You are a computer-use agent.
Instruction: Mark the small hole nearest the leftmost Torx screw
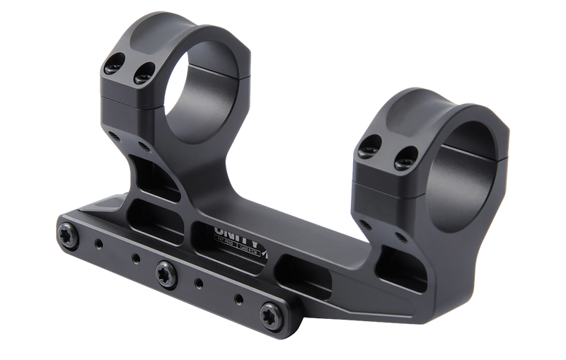99,245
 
